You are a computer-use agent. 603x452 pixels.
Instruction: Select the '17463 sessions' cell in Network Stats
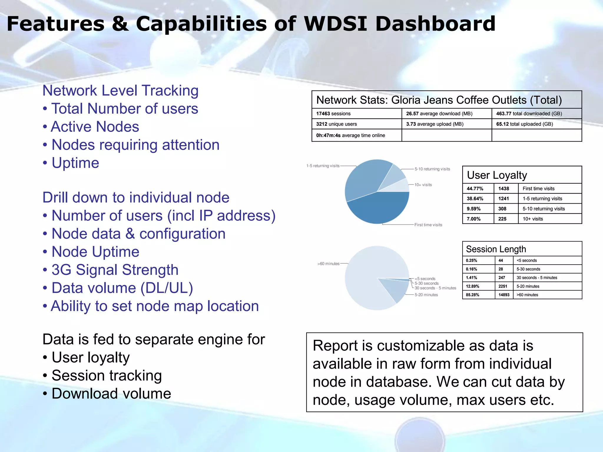tap(357, 114)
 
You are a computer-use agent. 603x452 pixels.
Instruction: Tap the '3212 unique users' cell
tap(357, 124)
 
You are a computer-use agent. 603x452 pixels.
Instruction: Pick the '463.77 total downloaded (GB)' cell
tap(536, 114)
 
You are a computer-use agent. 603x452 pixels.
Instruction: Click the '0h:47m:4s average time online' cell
tap(357, 135)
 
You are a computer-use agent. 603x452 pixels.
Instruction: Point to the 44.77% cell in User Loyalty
tap(478, 189)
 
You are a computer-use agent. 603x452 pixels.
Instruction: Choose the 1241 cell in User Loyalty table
tap(506, 199)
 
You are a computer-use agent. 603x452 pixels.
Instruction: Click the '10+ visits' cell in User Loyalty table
tap(549, 219)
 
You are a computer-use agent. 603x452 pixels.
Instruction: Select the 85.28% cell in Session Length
tap(478, 295)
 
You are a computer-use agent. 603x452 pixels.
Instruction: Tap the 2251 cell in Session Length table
tap(504, 286)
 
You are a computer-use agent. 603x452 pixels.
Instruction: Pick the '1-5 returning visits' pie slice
tap(365, 180)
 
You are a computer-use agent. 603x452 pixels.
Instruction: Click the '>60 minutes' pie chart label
tap(328, 264)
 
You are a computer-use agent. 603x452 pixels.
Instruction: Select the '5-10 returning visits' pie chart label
tap(432, 169)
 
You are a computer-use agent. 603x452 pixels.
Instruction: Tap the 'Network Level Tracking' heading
tap(120, 91)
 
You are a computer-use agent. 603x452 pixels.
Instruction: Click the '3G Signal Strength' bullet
tap(115, 270)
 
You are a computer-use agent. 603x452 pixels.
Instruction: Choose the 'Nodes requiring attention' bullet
tap(135, 145)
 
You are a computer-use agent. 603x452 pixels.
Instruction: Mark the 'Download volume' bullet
tap(111, 394)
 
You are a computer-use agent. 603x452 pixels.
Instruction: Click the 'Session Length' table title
tap(496, 249)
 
